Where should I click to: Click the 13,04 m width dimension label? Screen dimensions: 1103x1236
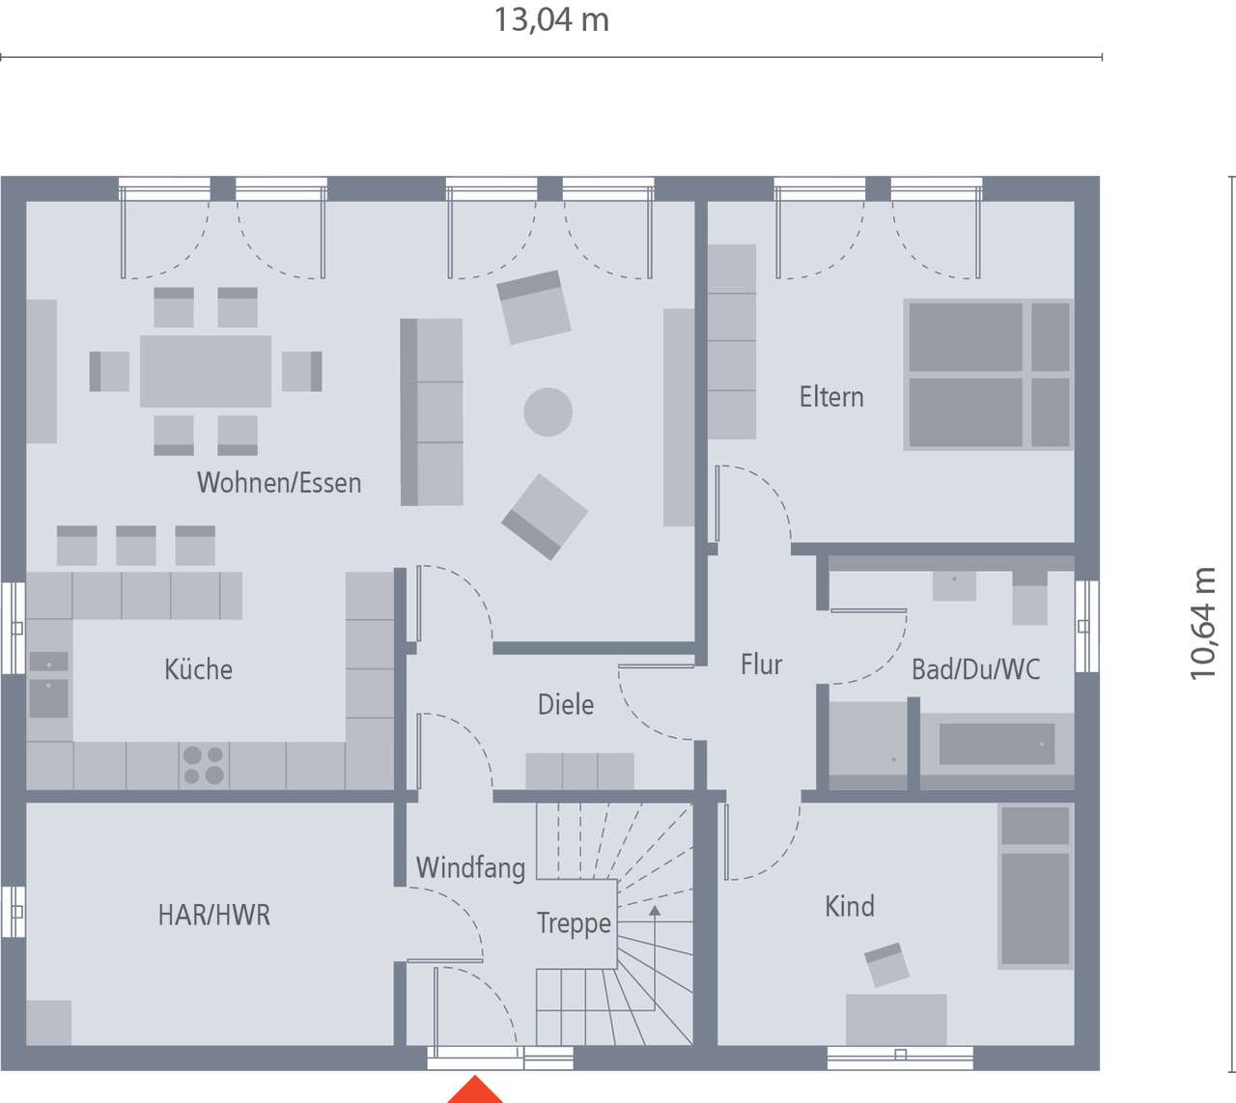551,20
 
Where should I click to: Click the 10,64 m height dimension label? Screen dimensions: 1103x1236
1203,623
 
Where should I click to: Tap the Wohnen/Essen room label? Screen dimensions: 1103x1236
279,483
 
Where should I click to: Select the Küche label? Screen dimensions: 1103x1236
198,669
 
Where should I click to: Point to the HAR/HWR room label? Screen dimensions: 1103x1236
214,915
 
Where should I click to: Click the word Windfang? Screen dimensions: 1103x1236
470,867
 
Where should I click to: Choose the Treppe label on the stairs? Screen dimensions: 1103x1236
574,923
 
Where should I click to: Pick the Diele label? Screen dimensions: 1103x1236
566,704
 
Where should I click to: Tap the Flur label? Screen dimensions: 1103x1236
761,665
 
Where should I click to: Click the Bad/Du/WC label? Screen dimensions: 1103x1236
975,669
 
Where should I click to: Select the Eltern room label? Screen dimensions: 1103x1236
831,397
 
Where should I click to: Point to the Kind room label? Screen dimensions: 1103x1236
850,906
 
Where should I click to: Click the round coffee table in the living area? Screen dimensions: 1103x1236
548,411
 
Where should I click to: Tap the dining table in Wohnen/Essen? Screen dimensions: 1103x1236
206,371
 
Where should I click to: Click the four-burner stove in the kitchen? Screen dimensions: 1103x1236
204,765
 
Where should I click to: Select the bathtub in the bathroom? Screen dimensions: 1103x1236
997,745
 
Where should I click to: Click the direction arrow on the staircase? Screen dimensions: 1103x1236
655,910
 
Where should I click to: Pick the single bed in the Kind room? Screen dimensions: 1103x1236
1035,887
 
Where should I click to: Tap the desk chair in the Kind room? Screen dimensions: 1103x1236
886,965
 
